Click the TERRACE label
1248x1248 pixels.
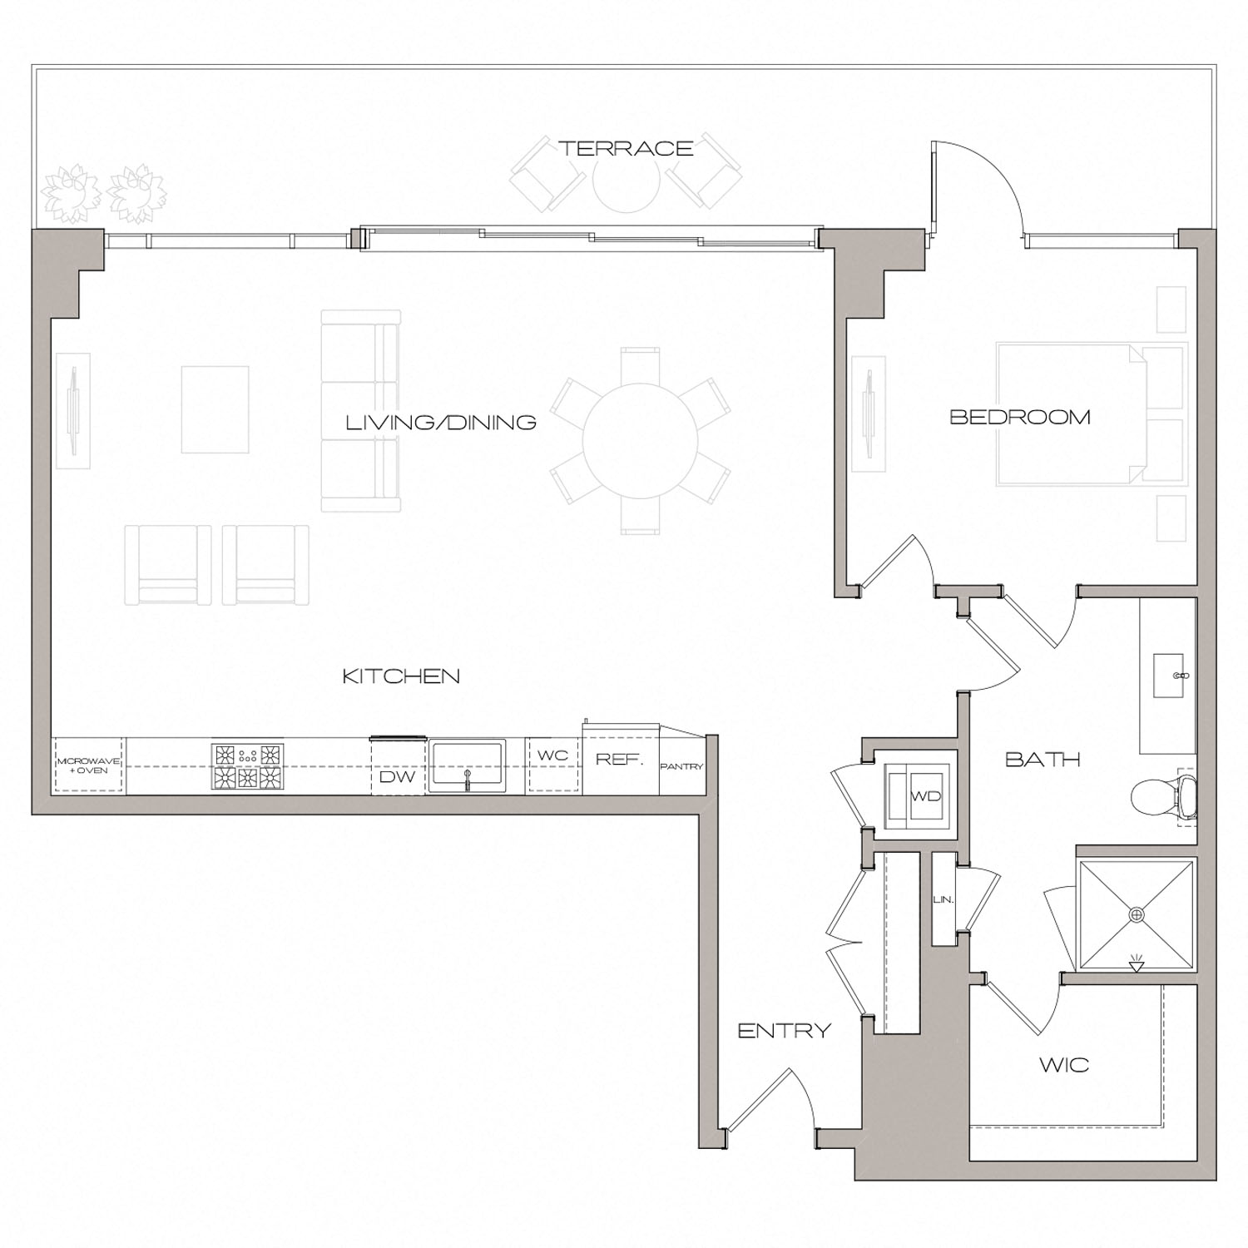pyautogui.click(x=626, y=149)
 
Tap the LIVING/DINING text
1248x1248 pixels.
pyautogui.click(x=441, y=423)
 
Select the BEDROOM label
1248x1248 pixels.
pyautogui.click(x=1020, y=417)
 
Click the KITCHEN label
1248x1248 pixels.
pyautogui.click(x=401, y=676)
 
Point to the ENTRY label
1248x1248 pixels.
pyautogui.click(x=785, y=1031)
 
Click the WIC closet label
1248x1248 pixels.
pyautogui.click(x=1064, y=1065)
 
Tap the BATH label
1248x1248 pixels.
pyautogui.click(x=1042, y=759)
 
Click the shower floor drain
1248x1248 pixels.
pyautogui.click(x=1137, y=914)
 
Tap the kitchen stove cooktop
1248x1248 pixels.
pyautogui.click(x=247, y=766)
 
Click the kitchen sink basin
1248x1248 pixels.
pyautogui.click(x=467, y=765)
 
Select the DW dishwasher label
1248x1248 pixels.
pyautogui.click(x=398, y=778)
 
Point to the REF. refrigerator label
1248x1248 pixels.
pyautogui.click(x=619, y=760)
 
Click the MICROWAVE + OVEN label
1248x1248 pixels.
pyautogui.click(x=88, y=765)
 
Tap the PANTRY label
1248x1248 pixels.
pyautogui.click(x=681, y=766)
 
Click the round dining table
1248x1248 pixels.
pyautogui.click(x=640, y=441)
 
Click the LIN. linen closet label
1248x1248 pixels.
pyautogui.click(x=943, y=899)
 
